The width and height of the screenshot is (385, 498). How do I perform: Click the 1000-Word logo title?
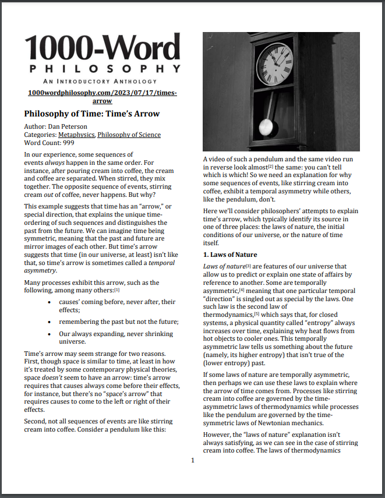pos(103,48)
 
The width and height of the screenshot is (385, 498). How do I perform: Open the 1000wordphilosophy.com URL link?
pos(103,97)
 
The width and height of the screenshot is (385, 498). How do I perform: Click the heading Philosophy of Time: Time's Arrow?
pos(91,114)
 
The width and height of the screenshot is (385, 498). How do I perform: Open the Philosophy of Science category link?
pos(129,135)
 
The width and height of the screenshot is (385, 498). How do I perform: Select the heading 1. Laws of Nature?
pos(229,255)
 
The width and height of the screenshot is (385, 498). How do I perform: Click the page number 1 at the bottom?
pos(192,461)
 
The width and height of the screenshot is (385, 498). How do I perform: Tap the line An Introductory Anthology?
pos(103,82)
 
